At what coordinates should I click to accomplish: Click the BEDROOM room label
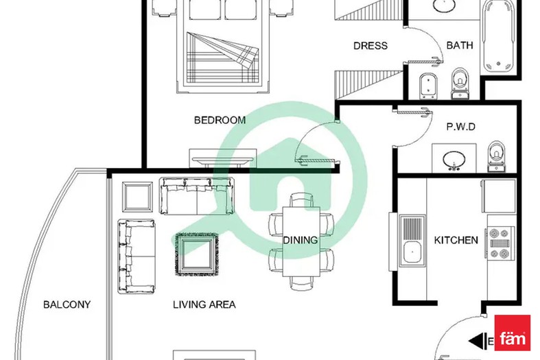(x=220, y=120)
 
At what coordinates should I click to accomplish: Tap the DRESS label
(x=371, y=46)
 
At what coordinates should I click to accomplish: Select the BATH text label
(x=460, y=45)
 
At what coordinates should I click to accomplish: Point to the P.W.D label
(x=461, y=127)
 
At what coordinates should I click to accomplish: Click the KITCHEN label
(x=456, y=240)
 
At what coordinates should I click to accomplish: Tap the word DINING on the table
(x=301, y=240)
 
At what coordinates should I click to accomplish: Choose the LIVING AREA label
(x=204, y=304)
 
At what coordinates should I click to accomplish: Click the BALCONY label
(x=67, y=304)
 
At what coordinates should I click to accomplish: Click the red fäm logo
(x=512, y=333)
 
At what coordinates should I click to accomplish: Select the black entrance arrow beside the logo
(x=477, y=341)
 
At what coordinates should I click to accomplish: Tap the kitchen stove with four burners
(x=500, y=243)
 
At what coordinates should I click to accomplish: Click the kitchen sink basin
(x=412, y=252)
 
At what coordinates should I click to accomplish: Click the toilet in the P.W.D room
(x=496, y=156)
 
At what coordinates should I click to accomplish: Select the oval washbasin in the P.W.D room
(x=454, y=160)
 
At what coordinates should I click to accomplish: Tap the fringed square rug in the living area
(x=197, y=254)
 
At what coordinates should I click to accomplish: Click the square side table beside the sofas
(x=137, y=197)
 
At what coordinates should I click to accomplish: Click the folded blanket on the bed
(x=222, y=58)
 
